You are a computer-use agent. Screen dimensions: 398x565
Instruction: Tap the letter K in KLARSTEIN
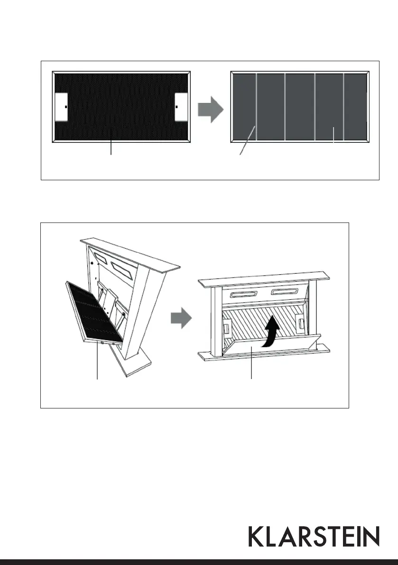pos(256,536)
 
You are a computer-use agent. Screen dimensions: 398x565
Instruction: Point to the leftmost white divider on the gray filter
pos(256,107)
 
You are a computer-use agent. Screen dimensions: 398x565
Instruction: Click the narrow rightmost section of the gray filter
pos(355,107)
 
